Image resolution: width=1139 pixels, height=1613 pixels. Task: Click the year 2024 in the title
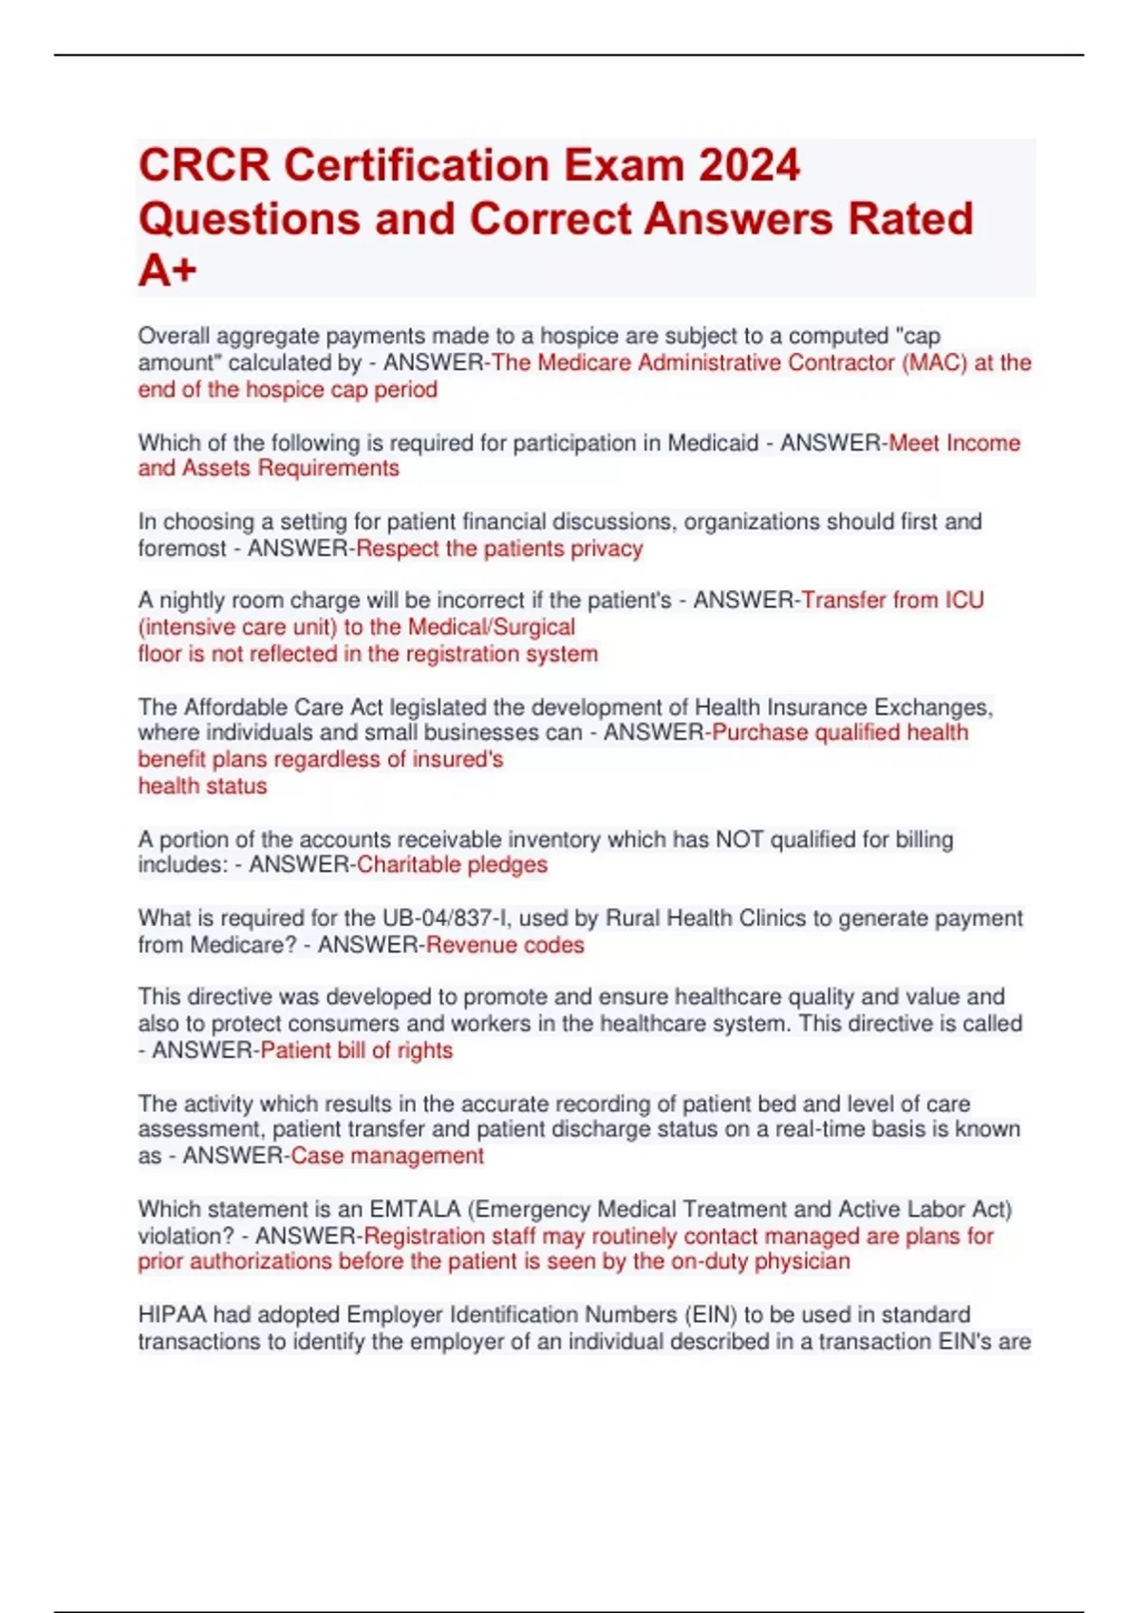click(x=749, y=165)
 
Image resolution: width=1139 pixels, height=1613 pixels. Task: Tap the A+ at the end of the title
click(x=167, y=271)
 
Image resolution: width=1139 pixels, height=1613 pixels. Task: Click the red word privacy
click(x=607, y=548)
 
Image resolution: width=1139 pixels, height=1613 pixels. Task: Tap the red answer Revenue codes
click(x=505, y=945)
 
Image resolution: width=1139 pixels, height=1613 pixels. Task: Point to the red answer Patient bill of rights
click(x=356, y=1050)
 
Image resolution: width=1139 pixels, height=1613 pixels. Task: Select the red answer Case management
click(x=387, y=1156)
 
